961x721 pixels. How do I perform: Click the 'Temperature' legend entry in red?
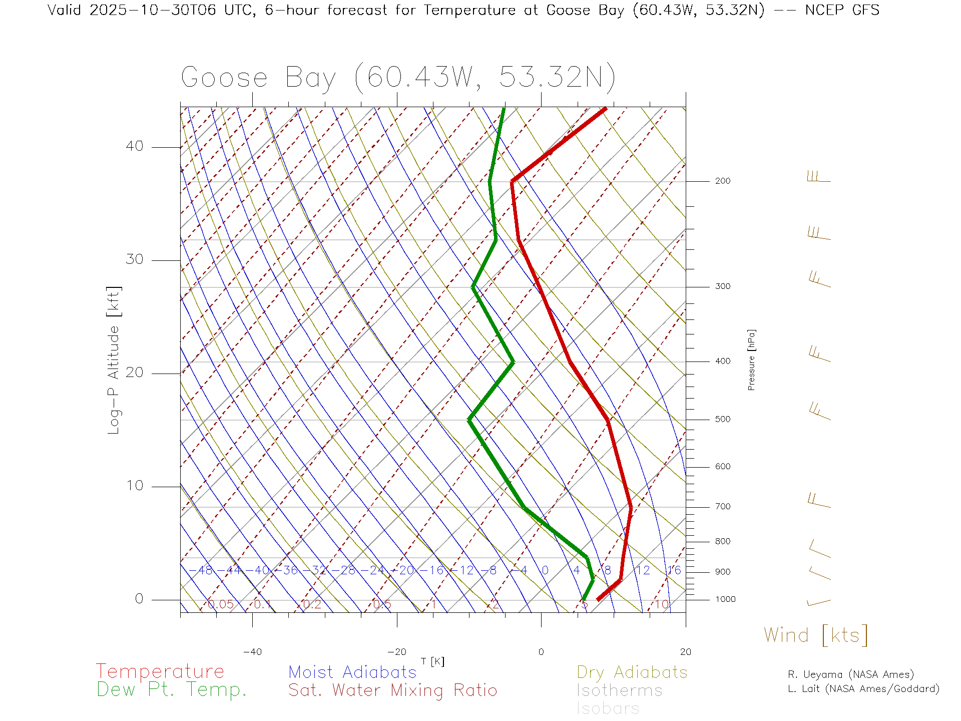160,671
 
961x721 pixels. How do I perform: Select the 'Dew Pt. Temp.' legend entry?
172,690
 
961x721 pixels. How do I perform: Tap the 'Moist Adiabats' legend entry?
352,672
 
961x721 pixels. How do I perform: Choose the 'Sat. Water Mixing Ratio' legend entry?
392,690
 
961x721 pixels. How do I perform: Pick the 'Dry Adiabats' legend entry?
632,672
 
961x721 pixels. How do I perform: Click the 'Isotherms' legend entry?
619,690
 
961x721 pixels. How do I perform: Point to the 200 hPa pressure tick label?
723,181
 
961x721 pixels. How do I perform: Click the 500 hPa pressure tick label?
723,420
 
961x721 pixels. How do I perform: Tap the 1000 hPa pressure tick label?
725,599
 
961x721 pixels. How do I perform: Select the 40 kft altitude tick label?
135,146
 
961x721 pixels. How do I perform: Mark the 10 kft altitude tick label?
135,486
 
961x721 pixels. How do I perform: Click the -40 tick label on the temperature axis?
252,652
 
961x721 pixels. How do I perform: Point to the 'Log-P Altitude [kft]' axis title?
114,360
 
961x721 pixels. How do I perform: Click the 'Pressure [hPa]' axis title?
751,359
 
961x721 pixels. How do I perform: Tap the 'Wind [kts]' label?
815,635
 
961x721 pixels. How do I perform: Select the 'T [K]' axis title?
432,661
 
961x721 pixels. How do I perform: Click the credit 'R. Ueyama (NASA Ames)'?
851,674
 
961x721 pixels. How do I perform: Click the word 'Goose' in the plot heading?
224,78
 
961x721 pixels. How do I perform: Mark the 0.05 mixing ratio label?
221,604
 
